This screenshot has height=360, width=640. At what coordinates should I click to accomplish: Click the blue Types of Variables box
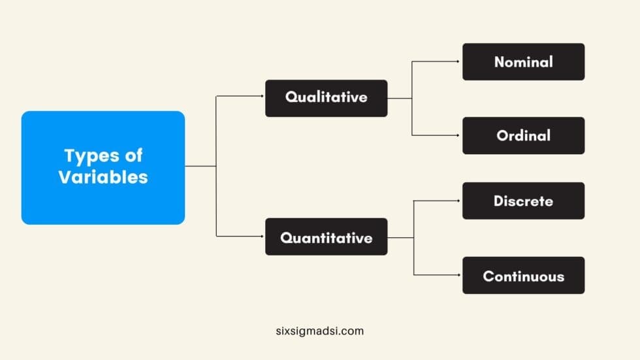(103, 167)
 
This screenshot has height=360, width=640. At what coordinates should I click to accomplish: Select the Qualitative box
(326, 98)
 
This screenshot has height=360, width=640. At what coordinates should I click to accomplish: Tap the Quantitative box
(326, 237)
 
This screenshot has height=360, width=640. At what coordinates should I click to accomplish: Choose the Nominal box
(523, 62)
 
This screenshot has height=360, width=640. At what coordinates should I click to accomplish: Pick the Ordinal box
(523, 136)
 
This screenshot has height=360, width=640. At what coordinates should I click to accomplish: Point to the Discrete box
(523, 201)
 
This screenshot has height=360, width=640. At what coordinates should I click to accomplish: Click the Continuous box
(523, 275)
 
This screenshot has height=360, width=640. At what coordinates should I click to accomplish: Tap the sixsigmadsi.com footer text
(319, 331)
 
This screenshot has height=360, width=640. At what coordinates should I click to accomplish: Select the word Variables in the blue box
(103, 177)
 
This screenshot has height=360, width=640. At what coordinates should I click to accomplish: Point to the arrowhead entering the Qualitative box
(263, 97)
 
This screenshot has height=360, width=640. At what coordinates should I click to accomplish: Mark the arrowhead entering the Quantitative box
(263, 236)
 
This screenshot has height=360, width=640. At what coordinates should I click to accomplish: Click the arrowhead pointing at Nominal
(460, 61)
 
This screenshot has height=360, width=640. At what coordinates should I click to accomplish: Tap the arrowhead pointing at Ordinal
(460, 135)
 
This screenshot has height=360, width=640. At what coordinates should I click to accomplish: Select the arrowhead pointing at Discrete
(460, 201)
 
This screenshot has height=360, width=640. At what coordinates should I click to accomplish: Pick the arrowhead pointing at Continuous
(460, 274)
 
